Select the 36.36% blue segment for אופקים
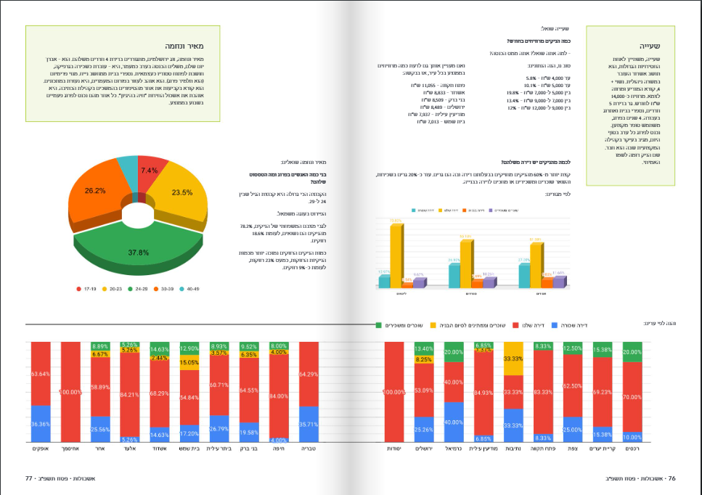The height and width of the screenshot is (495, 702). [40, 424]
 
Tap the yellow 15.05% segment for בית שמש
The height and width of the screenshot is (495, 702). [189, 362]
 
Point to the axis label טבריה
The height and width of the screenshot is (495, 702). [309, 449]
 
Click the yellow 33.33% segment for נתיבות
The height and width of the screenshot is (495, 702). [513, 359]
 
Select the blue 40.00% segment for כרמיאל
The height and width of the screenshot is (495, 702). [454, 422]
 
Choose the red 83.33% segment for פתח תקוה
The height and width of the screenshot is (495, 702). [542, 393]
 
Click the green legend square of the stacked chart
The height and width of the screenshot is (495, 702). [378, 324]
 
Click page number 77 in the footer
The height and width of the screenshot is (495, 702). [30, 478]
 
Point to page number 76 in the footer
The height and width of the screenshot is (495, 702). [672, 478]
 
